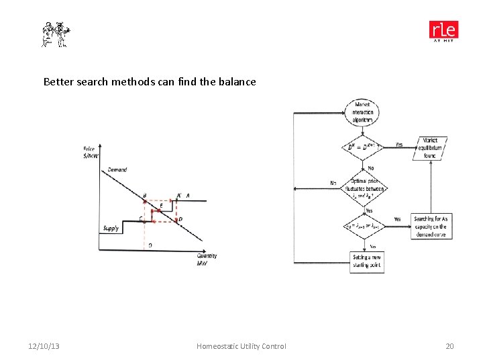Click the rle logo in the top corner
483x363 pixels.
coord(443,31)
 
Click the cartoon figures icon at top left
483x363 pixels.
coord(56,34)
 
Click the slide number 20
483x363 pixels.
coord(449,346)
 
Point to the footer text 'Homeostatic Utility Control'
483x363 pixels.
coord(241,346)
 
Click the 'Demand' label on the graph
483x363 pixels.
coord(117,170)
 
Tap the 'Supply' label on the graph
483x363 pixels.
coord(111,229)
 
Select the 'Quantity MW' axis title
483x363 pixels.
coord(207,259)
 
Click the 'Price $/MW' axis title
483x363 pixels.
coord(91,152)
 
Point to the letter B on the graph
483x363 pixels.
coord(144,196)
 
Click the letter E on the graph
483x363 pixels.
coord(161,206)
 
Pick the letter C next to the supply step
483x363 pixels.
coord(140,218)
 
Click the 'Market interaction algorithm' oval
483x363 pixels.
coord(363,112)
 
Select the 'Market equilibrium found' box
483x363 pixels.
coord(430,148)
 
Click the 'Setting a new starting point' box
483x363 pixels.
coord(366,261)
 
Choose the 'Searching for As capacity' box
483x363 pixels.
coord(431,227)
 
